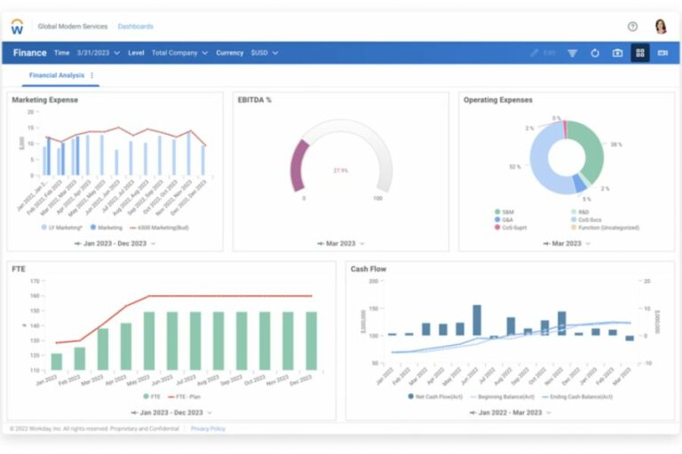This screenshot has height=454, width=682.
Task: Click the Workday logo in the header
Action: coord(17,27)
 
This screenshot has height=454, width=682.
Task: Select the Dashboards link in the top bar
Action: coord(135,27)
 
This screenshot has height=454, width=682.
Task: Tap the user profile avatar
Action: coord(660,27)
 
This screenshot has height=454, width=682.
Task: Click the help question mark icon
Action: coord(632,27)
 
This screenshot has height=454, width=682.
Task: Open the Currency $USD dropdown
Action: coord(264,53)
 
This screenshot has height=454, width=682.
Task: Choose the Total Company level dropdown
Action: coord(179,53)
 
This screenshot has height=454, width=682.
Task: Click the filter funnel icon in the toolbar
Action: coord(573,53)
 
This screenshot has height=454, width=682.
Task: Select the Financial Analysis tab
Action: coord(56,75)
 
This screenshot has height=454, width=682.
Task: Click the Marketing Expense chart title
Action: coord(44,100)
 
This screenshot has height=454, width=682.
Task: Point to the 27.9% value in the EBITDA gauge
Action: coord(341,169)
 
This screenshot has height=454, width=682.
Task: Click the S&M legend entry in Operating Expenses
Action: coord(507,212)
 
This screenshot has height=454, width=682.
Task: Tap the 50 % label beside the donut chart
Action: coord(515,166)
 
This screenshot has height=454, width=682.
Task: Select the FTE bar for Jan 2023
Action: coord(57,361)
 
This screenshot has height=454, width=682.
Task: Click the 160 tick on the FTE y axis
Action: coord(36,296)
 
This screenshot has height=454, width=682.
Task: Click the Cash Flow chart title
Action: coord(369,269)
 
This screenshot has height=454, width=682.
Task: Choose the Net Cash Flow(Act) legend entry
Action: coord(435,396)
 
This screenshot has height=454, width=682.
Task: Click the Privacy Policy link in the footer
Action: coord(208,428)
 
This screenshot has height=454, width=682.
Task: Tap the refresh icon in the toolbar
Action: coord(595,53)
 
